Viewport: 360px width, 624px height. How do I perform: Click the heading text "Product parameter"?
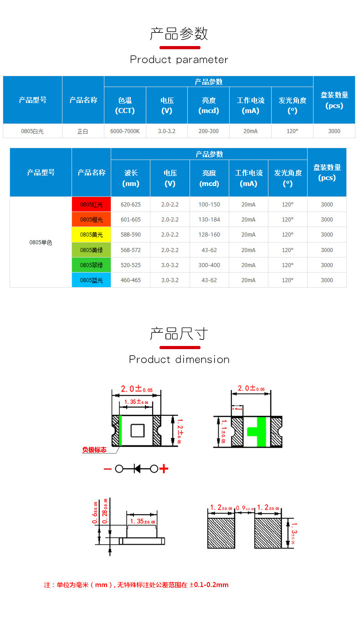click(x=179, y=60)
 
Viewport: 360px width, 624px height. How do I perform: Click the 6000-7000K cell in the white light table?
click(x=125, y=131)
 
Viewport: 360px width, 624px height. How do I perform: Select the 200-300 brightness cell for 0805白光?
click(x=208, y=131)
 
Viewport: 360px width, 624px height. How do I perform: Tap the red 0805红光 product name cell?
click(x=91, y=205)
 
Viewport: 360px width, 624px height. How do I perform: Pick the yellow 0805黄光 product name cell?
click(x=91, y=235)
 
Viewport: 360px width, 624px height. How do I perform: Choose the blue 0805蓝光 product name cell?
click(x=91, y=280)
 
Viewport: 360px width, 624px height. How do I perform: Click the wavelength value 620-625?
click(x=130, y=205)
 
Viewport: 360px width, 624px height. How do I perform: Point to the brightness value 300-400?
click(x=209, y=265)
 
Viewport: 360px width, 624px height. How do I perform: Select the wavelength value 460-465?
click(x=130, y=280)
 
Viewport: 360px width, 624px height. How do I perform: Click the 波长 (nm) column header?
click(x=130, y=178)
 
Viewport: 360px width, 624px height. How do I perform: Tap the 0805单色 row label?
click(x=41, y=242)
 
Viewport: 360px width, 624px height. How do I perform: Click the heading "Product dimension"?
click(x=179, y=360)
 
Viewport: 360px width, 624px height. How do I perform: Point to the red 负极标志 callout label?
click(x=94, y=450)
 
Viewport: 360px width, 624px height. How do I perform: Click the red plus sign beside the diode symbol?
click(x=164, y=469)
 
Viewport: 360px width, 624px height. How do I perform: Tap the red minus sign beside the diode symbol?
click(x=108, y=469)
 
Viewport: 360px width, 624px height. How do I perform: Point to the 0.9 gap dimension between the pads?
click(x=244, y=508)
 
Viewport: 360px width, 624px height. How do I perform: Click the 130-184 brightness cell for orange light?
click(x=209, y=220)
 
